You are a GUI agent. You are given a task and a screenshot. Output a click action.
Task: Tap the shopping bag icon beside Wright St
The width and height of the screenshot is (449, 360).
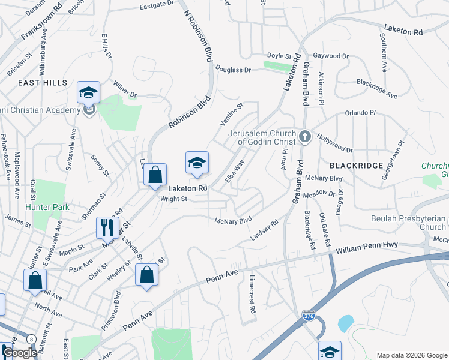point(155,175)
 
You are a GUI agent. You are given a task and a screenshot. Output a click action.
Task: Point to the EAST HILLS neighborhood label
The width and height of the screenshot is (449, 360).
point(43,83)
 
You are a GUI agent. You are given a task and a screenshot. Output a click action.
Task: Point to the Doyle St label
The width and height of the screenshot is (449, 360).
point(279,56)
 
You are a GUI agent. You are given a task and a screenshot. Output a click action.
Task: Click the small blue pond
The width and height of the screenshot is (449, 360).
point(345,323)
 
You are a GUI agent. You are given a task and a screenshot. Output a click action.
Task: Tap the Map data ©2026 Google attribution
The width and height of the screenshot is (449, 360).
point(411,355)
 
